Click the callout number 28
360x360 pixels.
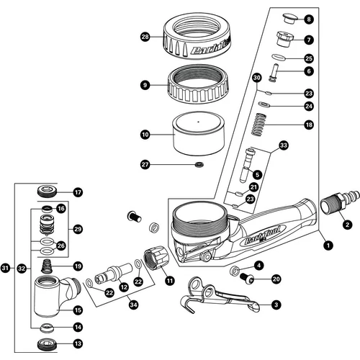145,36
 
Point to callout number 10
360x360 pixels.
145,134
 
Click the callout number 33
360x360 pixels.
283,146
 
